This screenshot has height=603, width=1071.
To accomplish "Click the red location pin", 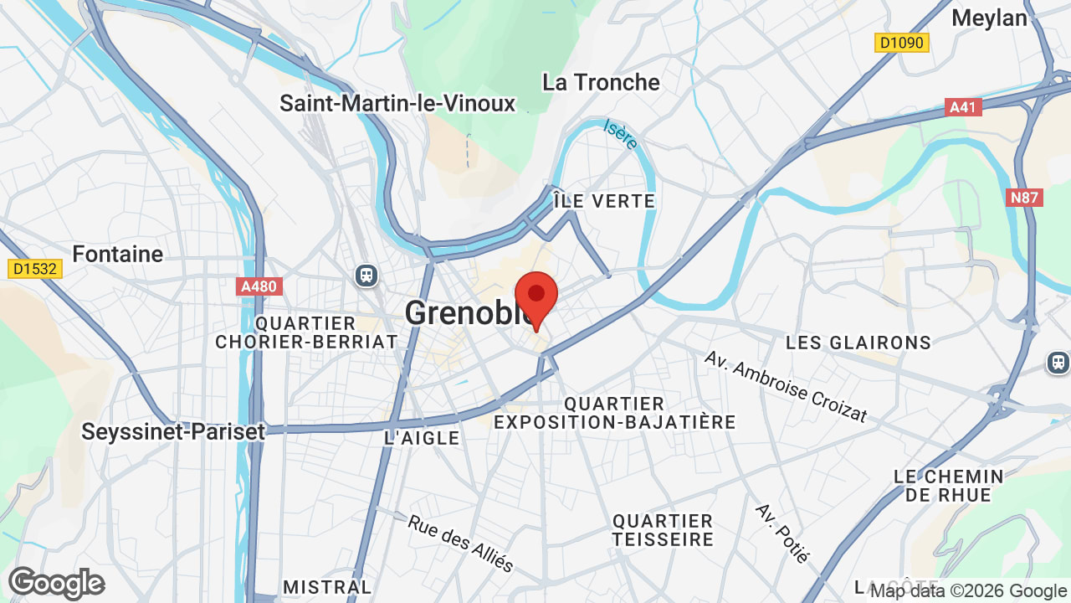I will [x=536, y=298].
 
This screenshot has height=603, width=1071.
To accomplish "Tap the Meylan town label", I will [x=989, y=18].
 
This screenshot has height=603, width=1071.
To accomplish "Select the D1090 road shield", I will [x=902, y=43].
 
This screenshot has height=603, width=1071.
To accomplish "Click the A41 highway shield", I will [x=964, y=107].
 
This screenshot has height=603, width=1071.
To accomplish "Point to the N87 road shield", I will [x=1024, y=198].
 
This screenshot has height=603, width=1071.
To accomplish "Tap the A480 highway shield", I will [x=258, y=286].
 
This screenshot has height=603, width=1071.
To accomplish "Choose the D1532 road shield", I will [x=33, y=269].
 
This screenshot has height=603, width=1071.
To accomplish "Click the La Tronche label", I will [x=601, y=82].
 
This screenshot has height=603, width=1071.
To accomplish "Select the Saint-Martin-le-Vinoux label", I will [x=397, y=103].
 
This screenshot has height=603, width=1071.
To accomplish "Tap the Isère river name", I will [x=620, y=135].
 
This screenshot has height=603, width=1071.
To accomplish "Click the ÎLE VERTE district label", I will [x=604, y=201].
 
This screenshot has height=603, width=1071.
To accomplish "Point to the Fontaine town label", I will [x=117, y=253].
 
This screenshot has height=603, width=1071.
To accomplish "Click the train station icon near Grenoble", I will [x=366, y=275].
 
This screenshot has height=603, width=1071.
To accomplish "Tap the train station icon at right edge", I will [x=1058, y=363].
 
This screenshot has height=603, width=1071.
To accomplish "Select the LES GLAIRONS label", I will [x=858, y=342].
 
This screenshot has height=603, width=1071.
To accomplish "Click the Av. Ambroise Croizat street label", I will [x=785, y=386].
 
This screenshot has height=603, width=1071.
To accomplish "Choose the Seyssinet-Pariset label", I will [x=172, y=431].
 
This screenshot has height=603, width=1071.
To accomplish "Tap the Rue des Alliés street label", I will [x=460, y=543].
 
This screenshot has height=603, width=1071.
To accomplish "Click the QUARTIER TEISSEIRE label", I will [x=663, y=530].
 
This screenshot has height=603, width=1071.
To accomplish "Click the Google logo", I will [x=56, y=583].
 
